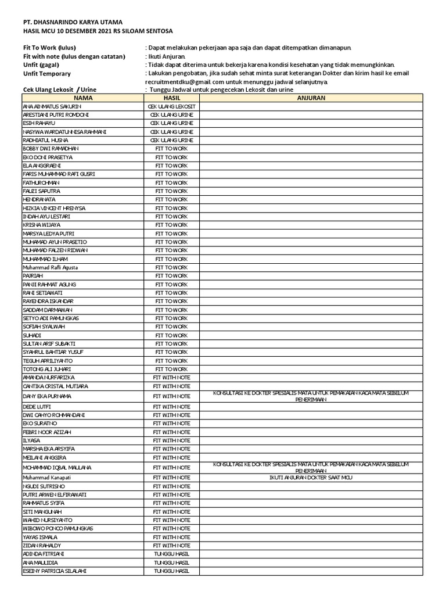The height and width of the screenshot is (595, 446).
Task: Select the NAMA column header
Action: pos(82,98)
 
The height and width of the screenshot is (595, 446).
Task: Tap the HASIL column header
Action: pos(171,98)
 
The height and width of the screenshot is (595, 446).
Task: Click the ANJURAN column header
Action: pos(311,98)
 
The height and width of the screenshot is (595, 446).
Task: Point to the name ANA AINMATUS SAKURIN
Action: pos(52,107)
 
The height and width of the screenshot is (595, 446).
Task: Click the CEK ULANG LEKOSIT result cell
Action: pos(171,107)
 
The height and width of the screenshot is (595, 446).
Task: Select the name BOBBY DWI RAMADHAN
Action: pos(50,149)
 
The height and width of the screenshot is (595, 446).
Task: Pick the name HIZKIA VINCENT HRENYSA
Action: pos(54,208)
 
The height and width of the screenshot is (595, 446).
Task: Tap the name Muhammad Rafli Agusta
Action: pos(50,267)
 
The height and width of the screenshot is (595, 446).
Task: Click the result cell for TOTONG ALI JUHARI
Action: pos(171,369)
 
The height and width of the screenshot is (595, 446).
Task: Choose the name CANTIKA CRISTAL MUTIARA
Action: pos(55,386)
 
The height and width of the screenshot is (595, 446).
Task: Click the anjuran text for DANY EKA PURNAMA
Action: pos(311,396)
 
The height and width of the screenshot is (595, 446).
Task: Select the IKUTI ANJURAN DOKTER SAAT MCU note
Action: pos(311,477)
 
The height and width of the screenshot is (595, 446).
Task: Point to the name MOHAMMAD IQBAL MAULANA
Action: pos(57,467)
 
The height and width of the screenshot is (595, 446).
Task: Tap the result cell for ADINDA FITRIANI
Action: pos(171,554)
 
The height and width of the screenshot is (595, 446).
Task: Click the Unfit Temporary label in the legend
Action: pos(46,74)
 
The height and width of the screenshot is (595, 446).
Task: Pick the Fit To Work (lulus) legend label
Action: pos(49,48)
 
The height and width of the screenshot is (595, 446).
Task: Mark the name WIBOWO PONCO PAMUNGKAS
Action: pos(57,529)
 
